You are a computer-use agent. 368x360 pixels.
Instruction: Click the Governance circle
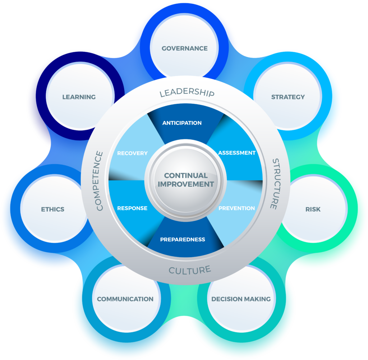[x=184, y=49]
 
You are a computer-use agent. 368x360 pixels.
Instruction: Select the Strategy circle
[x=287, y=97]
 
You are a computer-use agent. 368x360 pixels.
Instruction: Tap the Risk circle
[x=313, y=209]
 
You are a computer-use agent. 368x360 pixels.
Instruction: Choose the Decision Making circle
[x=241, y=299]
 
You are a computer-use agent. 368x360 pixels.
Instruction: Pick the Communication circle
[x=125, y=299]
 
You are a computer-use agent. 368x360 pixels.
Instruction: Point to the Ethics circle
[x=52, y=209]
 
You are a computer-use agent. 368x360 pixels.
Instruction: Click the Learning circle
[x=79, y=97]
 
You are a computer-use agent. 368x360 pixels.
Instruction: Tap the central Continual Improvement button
[x=186, y=180]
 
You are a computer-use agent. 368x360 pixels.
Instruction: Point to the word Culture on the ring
[x=189, y=270]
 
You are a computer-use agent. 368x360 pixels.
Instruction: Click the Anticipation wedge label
[x=182, y=123]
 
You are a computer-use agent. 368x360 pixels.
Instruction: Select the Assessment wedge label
[x=237, y=153]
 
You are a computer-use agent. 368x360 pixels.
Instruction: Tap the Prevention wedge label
[x=236, y=208]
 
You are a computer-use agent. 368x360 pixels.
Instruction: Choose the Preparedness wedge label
[x=183, y=239]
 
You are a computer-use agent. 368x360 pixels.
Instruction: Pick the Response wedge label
[x=132, y=208]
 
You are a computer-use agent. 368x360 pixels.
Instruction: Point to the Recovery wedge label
[x=132, y=153]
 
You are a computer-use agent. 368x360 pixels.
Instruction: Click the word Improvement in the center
[x=186, y=184]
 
